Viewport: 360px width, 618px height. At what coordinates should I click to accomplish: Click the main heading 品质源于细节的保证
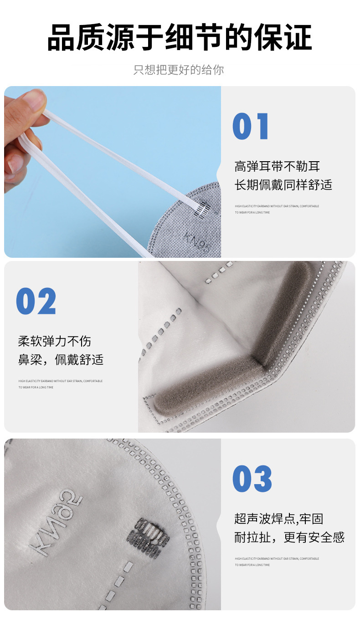(180, 37)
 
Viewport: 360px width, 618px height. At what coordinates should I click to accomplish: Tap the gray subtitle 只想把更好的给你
(179, 70)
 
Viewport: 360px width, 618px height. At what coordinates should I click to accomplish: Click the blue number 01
(251, 127)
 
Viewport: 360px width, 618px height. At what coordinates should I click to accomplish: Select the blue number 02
(36, 301)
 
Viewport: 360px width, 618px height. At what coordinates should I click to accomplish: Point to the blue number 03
(252, 479)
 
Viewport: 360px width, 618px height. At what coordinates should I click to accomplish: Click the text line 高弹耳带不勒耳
(277, 166)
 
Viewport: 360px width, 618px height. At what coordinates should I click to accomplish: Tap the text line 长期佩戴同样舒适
(283, 184)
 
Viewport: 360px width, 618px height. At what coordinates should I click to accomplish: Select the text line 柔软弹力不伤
(54, 341)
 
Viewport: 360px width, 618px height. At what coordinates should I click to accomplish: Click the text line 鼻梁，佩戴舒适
(61, 360)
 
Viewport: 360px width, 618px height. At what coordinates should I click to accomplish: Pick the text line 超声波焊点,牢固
(278, 519)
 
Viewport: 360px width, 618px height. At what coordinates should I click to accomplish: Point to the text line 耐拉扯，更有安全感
(289, 537)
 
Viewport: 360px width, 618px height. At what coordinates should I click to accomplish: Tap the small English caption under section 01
(277, 209)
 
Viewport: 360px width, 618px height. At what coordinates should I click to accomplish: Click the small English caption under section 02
(60, 384)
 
